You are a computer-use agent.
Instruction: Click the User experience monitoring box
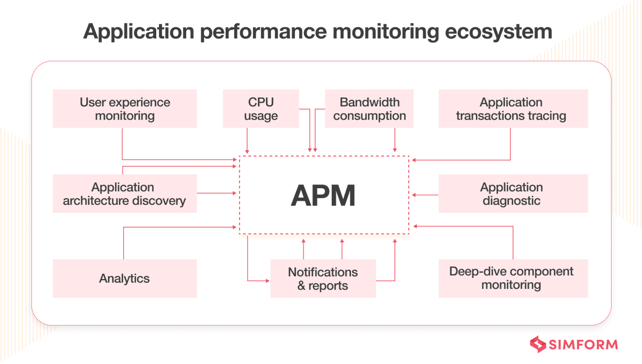click(125, 109)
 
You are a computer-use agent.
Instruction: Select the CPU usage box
click(261, 109)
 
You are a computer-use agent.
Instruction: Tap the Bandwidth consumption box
click(369, 109)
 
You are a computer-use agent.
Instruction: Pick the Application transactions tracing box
click(513, 109)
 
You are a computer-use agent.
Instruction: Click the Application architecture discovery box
click(125, 193)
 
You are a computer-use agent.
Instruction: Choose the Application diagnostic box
click(513, 193)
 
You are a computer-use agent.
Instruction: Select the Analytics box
click(125, 278)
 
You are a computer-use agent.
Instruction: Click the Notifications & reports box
click(323, 278)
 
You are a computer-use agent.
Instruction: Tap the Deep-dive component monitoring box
click(513, 278)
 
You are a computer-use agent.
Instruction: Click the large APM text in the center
click(323, 196)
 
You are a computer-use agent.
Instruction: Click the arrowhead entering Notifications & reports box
click(267, 281)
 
